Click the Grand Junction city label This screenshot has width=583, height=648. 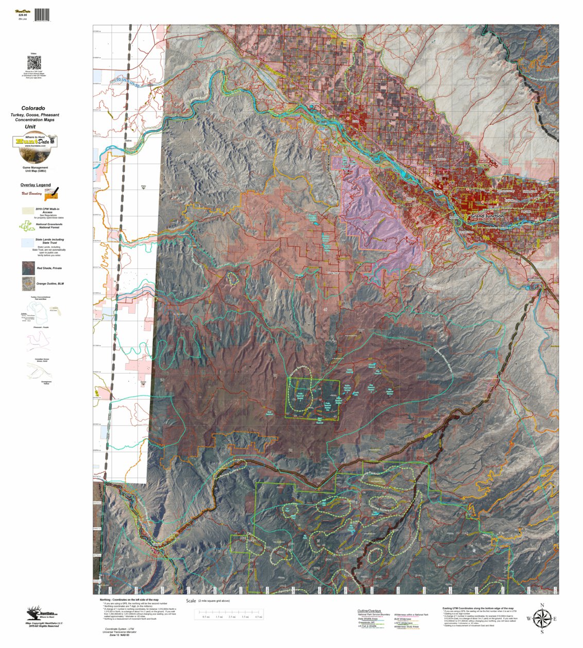coord(487,216)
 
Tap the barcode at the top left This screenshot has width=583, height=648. coord(42,14)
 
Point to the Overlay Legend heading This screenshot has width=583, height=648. coord(36,185)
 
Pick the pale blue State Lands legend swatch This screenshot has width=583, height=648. coord(28,242)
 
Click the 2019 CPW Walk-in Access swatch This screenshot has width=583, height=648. coord(28,211)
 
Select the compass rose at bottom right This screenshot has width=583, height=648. coord(541,618)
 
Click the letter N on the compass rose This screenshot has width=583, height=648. coord(542,605)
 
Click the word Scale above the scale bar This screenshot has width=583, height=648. coord(191,601)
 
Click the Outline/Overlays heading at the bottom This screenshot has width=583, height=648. coord(370,610)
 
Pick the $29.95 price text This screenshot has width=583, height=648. coord(22,15)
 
